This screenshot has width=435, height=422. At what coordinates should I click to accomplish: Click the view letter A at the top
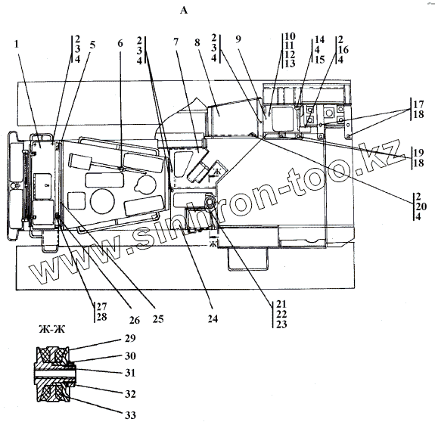tap(184, 11)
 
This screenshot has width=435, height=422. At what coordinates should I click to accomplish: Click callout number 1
tap(17, 44)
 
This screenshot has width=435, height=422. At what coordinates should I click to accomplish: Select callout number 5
tap(92, 45)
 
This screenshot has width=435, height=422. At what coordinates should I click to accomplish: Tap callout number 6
tap(120, 43)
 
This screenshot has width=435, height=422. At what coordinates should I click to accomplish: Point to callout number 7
tap(176, 42)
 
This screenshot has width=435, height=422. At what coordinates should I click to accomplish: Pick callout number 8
tap(197, 42)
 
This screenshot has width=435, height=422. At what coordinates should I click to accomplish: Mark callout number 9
tap(238, 39)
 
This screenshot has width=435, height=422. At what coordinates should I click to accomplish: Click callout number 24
tap(213, 319)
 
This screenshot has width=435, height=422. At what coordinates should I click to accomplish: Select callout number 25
tap(158, 319)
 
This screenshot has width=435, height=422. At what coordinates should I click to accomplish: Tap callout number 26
tap(135, 320)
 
